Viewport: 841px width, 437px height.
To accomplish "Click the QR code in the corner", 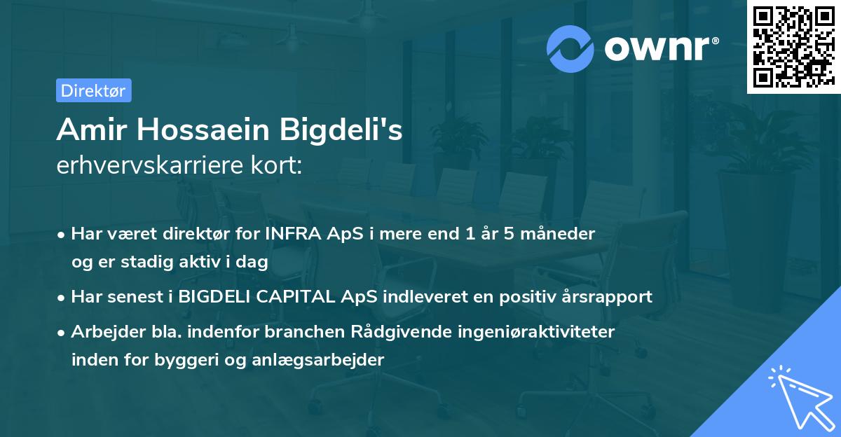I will point(793,47).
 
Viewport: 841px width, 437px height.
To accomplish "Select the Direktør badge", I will point(93,90).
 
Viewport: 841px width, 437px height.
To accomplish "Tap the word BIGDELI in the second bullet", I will point(214,297).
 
